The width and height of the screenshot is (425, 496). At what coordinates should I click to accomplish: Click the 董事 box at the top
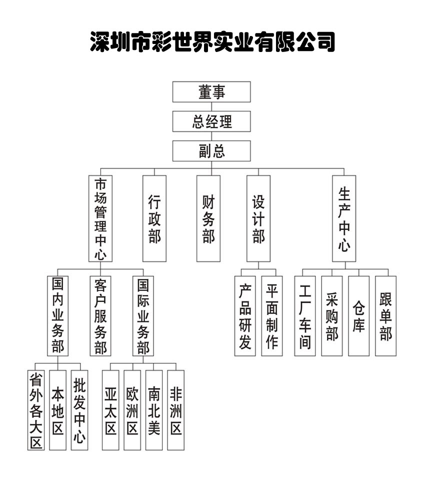coord(211,91)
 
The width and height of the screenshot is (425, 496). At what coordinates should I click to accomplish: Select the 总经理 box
coord(211,121)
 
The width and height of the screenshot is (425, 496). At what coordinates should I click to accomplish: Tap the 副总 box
coord(211,151)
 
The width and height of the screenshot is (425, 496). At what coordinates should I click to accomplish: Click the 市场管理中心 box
coord(100,218)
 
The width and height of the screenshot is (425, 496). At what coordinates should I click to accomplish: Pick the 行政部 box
coord(154,218)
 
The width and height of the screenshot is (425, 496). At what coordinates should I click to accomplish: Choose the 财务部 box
coord(208,218)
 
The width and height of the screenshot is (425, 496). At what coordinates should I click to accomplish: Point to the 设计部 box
coord(258,218)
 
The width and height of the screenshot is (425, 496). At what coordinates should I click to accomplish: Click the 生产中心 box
coord(344,218)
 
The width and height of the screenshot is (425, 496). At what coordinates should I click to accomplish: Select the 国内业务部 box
coord(57,316)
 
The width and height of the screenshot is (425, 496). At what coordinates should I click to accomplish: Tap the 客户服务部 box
coord(100,316)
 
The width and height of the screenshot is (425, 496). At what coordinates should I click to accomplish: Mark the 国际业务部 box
coord(143,316)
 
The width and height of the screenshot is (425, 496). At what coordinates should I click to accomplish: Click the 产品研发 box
coord(245,316)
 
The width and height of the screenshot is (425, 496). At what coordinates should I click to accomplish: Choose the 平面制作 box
coord(272,316)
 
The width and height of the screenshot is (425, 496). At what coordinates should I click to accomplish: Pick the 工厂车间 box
coord(305,316)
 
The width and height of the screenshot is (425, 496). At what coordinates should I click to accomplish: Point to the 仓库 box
coord(359,316)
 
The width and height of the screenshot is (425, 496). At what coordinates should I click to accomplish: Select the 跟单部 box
coord(386,316)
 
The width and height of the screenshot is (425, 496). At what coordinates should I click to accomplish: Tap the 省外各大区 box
coord(36,410)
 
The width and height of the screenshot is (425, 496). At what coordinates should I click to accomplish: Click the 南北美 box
coord(154,410)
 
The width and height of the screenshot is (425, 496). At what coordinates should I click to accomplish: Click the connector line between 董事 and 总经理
coord(211,106)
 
